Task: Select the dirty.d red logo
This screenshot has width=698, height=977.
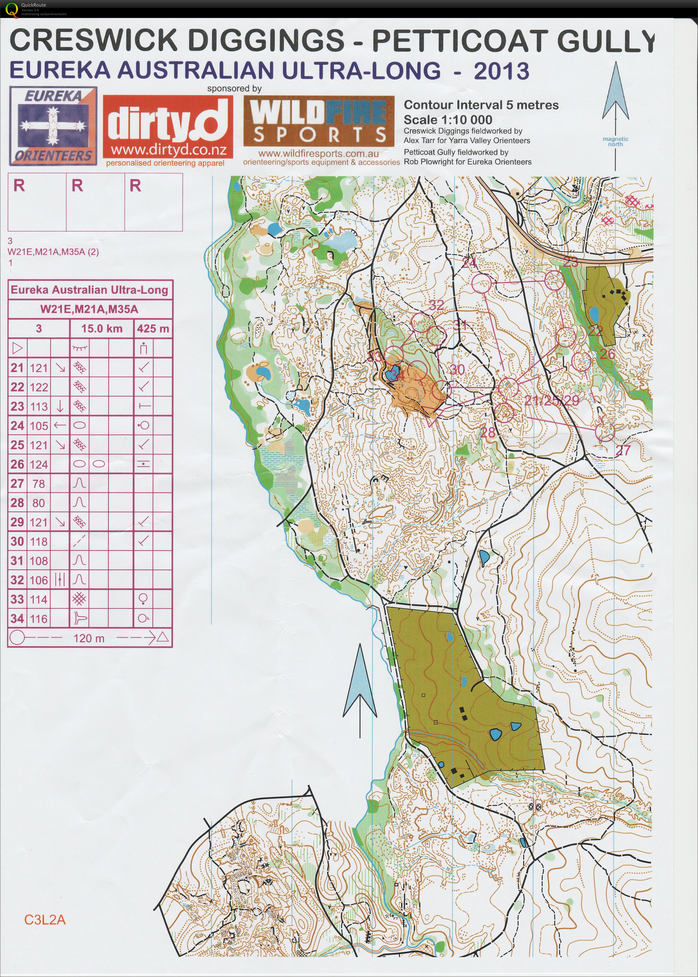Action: (168, 127)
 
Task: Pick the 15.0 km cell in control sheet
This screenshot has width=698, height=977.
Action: (102, 329)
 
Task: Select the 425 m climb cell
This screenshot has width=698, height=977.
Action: (153, 329)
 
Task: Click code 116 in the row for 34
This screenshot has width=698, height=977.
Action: (39, 619)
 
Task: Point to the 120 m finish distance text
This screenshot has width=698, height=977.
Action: (89, 638)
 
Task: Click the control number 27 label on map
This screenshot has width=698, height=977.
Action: (623, 450)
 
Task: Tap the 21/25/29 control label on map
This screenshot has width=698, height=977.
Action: (552, 401)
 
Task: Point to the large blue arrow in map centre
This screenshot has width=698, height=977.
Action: (360, 692)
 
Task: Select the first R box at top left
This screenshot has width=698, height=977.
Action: (37, 202)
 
